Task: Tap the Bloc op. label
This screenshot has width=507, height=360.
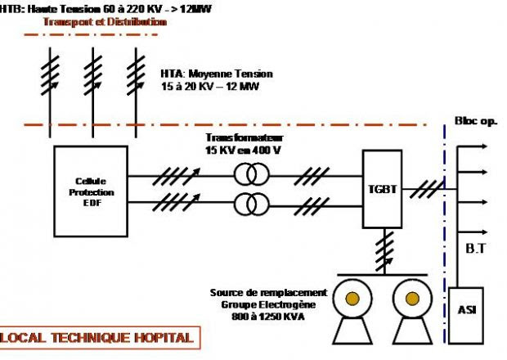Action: (476, 121)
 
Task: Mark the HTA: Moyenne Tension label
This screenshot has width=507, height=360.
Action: (217, 74)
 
